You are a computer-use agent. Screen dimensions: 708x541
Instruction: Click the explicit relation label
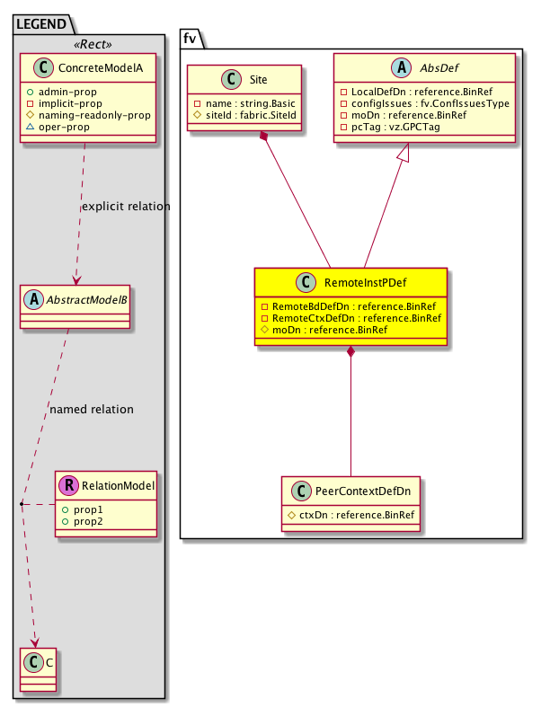coord(126,207)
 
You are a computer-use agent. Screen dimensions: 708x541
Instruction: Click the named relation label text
coord(92,410)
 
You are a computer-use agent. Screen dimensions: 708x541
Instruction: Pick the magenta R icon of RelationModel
coord(68,487)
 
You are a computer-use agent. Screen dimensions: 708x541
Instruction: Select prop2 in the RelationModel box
coord(88,521)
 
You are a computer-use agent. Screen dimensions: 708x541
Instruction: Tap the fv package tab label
coord(190,37)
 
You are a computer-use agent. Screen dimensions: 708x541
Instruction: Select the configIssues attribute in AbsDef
coord(421,103)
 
